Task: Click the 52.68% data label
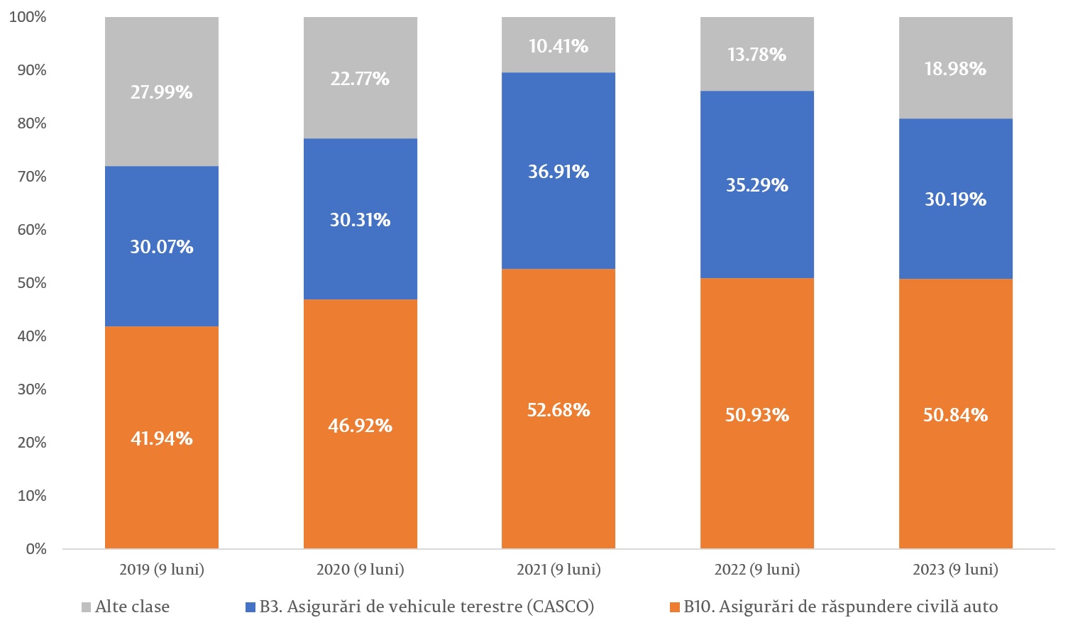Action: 558,410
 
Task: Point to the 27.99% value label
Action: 162,92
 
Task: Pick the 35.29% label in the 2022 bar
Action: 756,185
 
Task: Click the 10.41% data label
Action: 558,46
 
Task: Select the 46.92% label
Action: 360,426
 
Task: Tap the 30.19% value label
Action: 955,199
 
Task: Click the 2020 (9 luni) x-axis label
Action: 360,570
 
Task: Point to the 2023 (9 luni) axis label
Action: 955,570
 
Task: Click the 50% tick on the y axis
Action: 32,283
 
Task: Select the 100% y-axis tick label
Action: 28,17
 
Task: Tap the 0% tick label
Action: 36,549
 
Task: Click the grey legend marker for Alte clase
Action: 87,607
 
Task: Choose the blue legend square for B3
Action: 250,607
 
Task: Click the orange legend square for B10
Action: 675,607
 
